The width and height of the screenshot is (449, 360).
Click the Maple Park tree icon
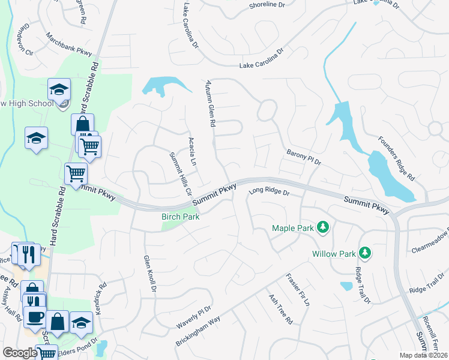pyautogui.click(x=323, y=227)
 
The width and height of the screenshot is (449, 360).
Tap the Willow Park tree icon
pyautogui.click(x=364, y=253)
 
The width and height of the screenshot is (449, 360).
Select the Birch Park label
pyautogui.click(x=181, y=217)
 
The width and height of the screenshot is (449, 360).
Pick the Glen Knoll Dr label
pyautogui.click(x=149, y=274)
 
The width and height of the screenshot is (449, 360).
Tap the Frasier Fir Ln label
pyautogui.click(x=298, y=290)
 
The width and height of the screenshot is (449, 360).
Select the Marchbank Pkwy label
pyautogui.click(x=68, y=44)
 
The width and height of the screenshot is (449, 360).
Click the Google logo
pyautogui.click(x=20, y=353)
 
